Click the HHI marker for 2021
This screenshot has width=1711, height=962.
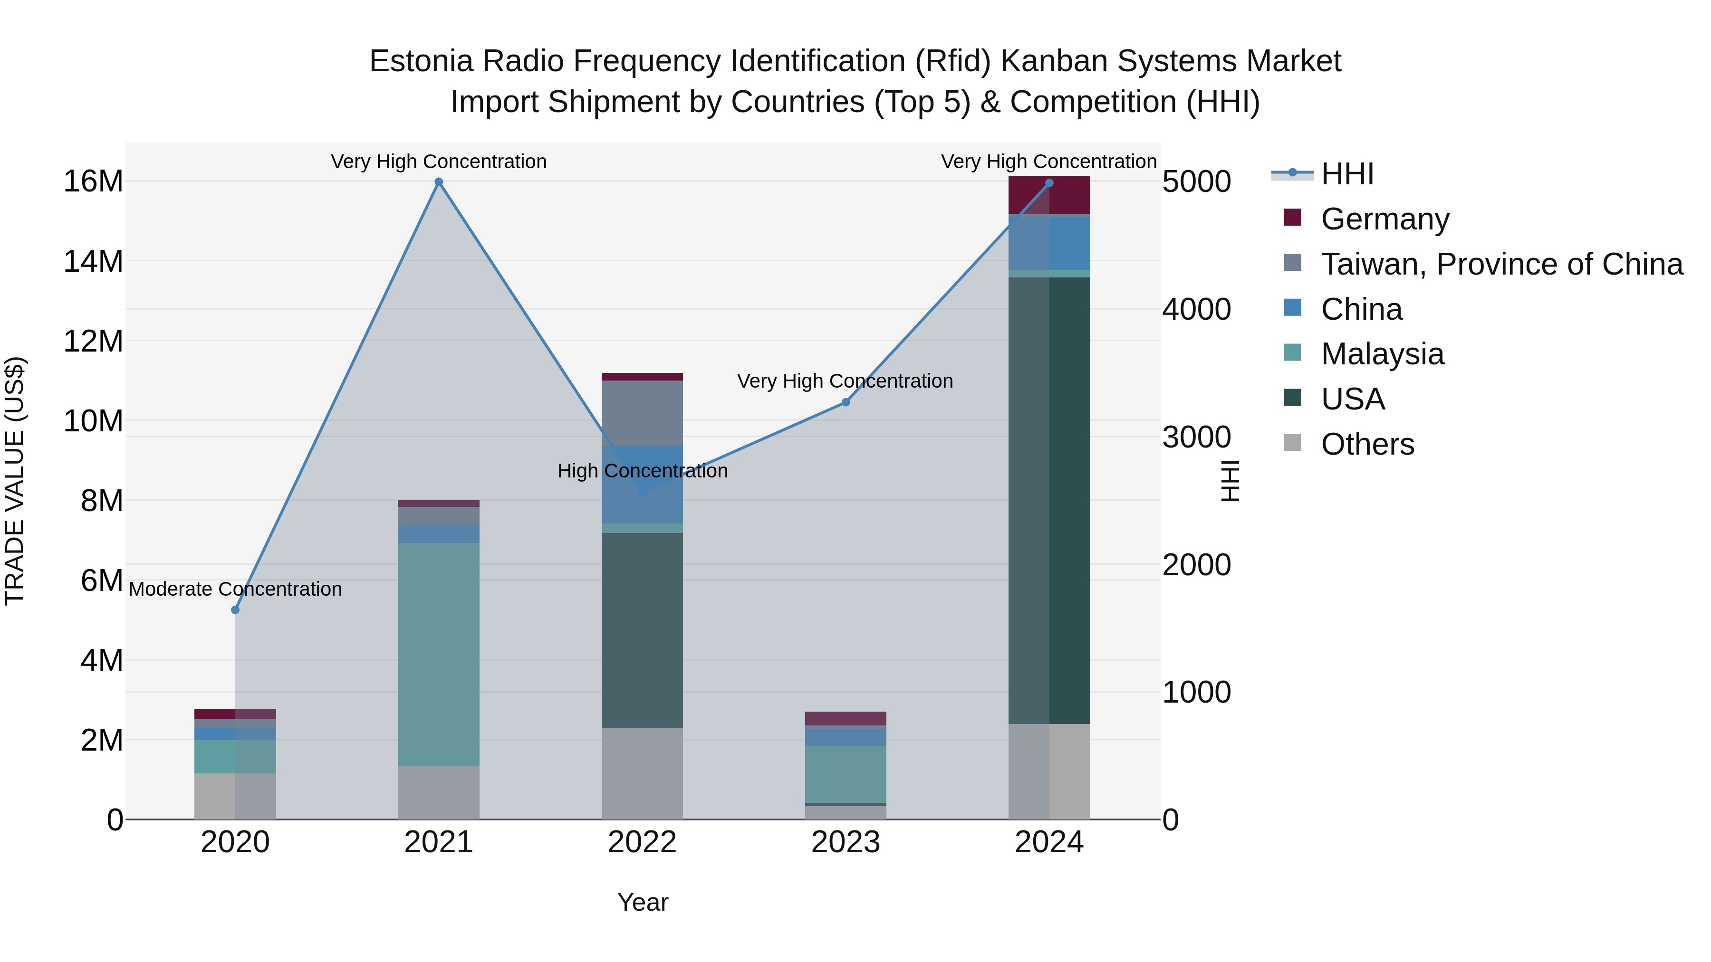pyautogui.click(x=438, y=182)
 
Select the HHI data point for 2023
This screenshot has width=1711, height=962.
pyautogui.click(x=846, y=402)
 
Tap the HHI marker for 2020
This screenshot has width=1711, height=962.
pyautogui.click(x=235, y=610)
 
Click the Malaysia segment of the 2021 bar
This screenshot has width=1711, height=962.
pyautogui.click(x=438, y=654)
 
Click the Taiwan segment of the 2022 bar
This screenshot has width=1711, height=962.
pyautogui.click(x=642, y=413)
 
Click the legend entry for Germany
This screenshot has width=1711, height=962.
pyautogui.click(x=1385, y=219)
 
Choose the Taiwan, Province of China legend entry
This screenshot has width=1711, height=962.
pyautogui.click(x=1501, y=264)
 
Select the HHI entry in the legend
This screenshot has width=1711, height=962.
pyautogui.click(x=1346, y=174)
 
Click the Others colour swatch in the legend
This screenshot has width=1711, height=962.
pyautogui.click(x=1293, y=443)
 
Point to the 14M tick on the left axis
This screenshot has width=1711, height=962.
pyautogui.click(x=93, y=262)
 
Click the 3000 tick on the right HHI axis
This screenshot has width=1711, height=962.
pyautogui.click(x=1196, y=437)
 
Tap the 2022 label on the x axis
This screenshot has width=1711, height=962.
pyautogui.click(x=642, y=842)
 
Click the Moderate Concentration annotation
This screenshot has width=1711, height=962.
pyautogui.click(x=235, y=589)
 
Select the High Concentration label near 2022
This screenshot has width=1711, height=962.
pyautogui.click(x=642, y=471)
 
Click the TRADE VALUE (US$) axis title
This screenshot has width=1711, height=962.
pyautogui.click(x=15, y=481)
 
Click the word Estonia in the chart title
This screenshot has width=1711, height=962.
pyautogui.click(x=421, y=61)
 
